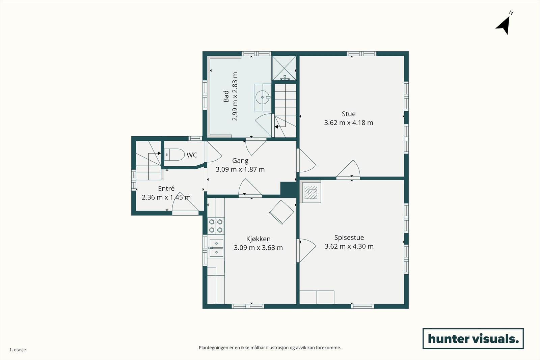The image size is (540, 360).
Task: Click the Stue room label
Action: click(349, 114)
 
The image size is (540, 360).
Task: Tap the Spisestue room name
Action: click(349, 238)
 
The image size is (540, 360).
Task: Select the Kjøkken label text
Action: click(258, 239)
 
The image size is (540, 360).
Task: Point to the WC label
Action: click(192, 155)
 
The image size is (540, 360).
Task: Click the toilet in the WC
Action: click(174, 155)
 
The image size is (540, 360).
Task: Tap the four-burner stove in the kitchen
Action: click(216, 226)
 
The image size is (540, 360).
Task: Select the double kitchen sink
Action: click(216, 248)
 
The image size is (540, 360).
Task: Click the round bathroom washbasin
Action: click(263, 98)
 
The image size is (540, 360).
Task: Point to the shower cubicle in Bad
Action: click(284, 68)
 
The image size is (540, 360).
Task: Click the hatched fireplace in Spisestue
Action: click(310, 192)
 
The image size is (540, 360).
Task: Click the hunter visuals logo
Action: click(473, 338)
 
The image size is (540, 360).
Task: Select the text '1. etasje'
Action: click(18, 350)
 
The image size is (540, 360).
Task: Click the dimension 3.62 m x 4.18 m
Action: click(349, 123)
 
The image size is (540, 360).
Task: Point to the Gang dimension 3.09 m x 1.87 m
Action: click(240, 169)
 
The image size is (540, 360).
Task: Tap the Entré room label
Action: click(166, 188)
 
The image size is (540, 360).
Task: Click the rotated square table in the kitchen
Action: click(281, 212)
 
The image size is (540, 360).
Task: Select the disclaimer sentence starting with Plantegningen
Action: click(270, 348)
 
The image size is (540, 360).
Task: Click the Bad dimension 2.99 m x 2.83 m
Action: click(235, 96)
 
